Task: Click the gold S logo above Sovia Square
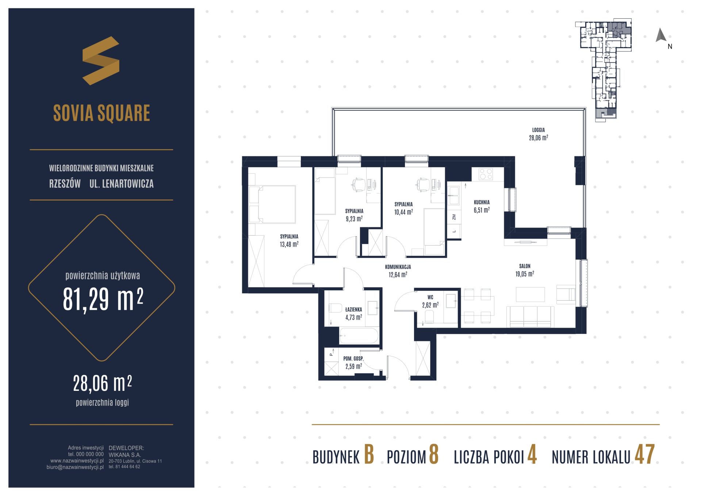tap(101, 61)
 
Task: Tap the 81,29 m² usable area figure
tap(103, 298)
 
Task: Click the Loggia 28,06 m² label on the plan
tap(539, 134)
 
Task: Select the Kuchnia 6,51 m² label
tap(482, 206)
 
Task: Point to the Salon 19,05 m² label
tap(525, 270)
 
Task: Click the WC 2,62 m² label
tap(430, 301)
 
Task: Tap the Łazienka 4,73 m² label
tap(353, 313)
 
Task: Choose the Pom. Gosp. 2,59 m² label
tap(353, 362)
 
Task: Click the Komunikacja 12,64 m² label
tap(398, 271)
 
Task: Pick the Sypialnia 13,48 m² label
tap(289, 240)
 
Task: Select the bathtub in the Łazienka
tap(359, 336)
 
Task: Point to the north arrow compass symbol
tap(661, 35)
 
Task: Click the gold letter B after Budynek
tap(369, 455)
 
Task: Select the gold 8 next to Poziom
tap(434, 455)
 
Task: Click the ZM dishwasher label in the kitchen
tap(454, 217)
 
